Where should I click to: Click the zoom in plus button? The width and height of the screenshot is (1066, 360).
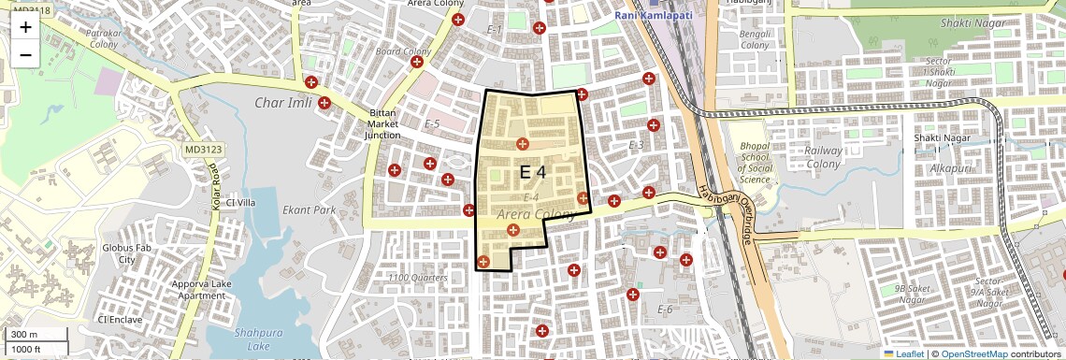[25, 27]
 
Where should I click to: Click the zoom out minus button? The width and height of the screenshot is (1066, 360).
[25, 54]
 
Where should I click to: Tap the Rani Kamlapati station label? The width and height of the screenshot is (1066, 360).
[660, 16]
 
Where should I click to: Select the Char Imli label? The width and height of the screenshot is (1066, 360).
[286, 103]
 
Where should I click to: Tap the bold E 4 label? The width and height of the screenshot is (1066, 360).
[532, 172]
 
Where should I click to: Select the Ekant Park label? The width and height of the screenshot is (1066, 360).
[309, 210]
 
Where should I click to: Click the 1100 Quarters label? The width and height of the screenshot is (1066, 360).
[418, 278]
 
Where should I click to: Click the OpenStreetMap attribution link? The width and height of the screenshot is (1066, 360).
[973, 353]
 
